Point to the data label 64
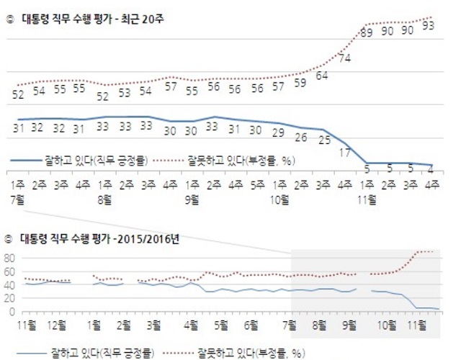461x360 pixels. click(x=322, y=75)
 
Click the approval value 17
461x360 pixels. click(x=344, y=152)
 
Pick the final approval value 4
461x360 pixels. click(x=429, y=170)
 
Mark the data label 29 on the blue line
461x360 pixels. click(x=277, y=133)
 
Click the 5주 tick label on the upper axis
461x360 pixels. click(x=256, y=184)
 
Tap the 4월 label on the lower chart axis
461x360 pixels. click(x=192, y=326)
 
